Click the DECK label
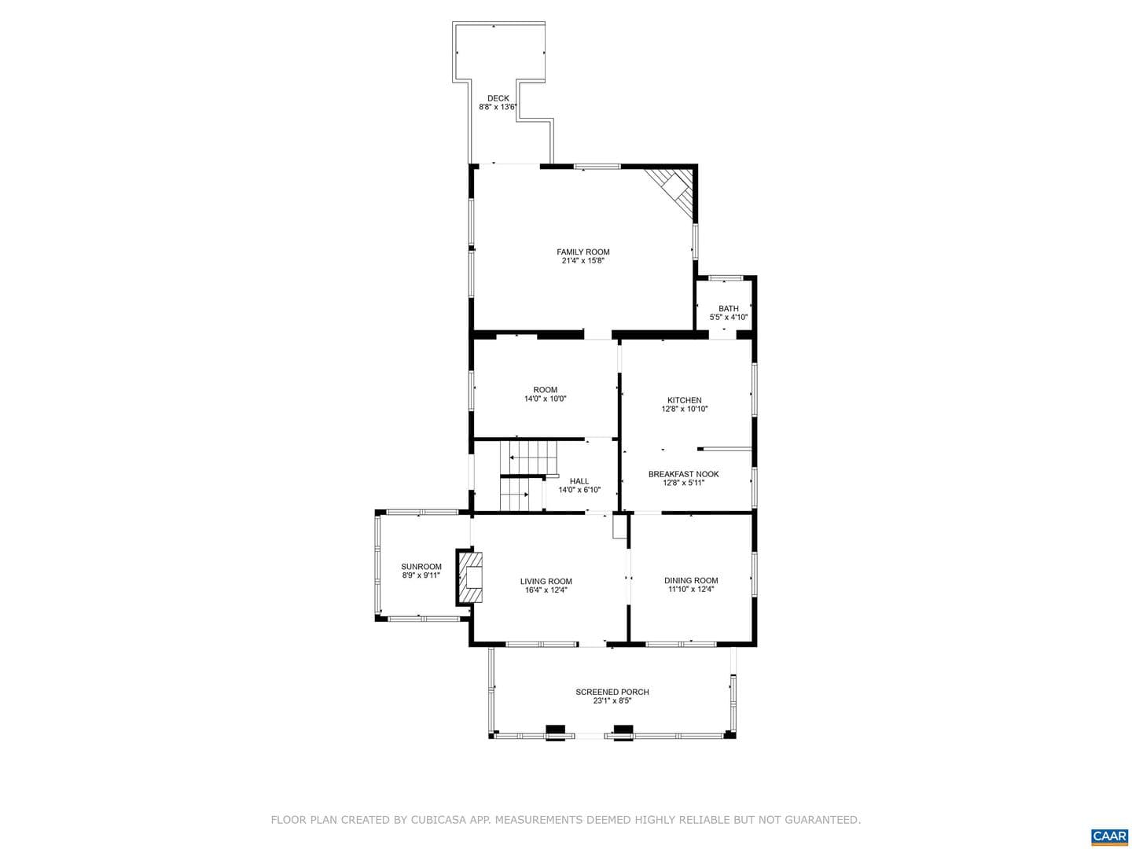498,98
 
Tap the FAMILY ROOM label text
583,252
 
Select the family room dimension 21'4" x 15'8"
583,261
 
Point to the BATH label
728,308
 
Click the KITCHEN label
685,400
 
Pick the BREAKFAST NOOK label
683,474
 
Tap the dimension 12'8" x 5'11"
683,483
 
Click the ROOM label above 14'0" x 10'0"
545,390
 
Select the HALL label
579,481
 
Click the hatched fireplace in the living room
470,577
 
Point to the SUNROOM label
421,567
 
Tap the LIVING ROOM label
546,582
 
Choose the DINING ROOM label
690,580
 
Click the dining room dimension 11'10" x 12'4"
690,590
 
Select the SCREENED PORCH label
612,692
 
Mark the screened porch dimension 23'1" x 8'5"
612,701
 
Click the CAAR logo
1109,835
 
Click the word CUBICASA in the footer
437,820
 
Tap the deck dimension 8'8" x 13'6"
498,107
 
